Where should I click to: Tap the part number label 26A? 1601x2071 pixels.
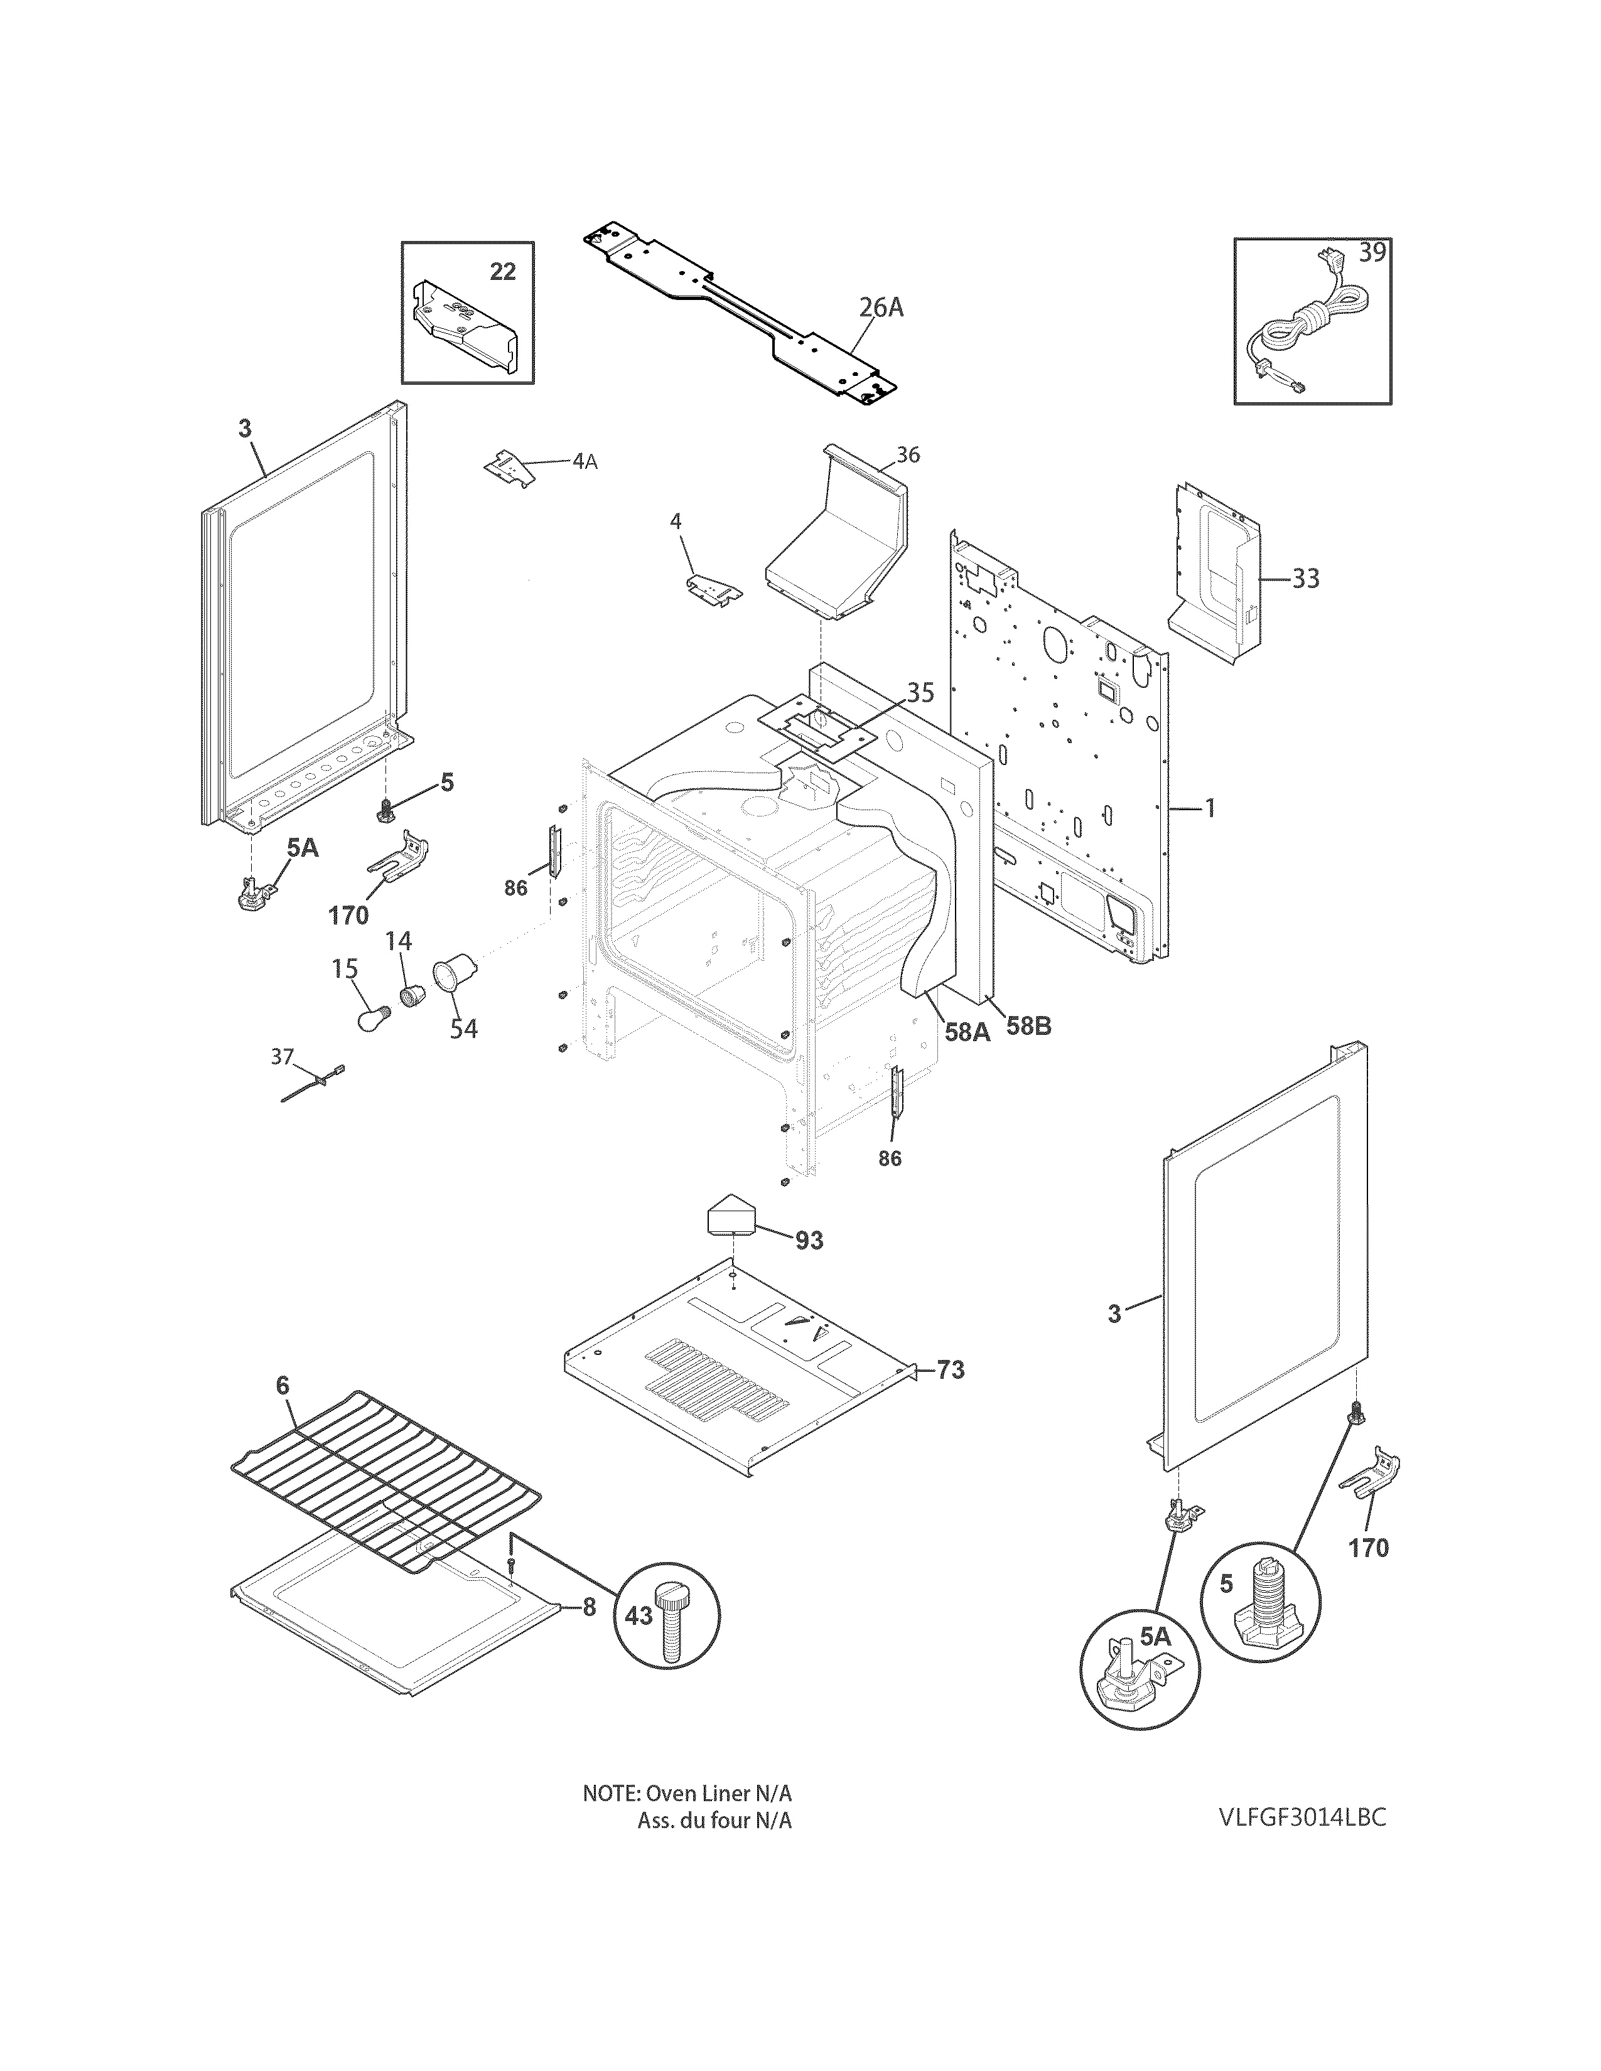click(x=880, y=308)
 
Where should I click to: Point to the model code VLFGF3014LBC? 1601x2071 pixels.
click(x=1302, y=1817)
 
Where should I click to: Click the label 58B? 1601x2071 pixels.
click(x=1028, y=1027)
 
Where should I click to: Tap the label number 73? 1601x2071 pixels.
click(x=951, y=1369)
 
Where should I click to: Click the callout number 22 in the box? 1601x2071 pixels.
click(x=503, y=272)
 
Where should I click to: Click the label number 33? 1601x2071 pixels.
click(x=1306, y=579)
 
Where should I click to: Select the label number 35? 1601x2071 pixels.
click(x=920, y=692)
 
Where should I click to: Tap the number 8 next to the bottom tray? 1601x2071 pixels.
click(x=589, y=1607)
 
